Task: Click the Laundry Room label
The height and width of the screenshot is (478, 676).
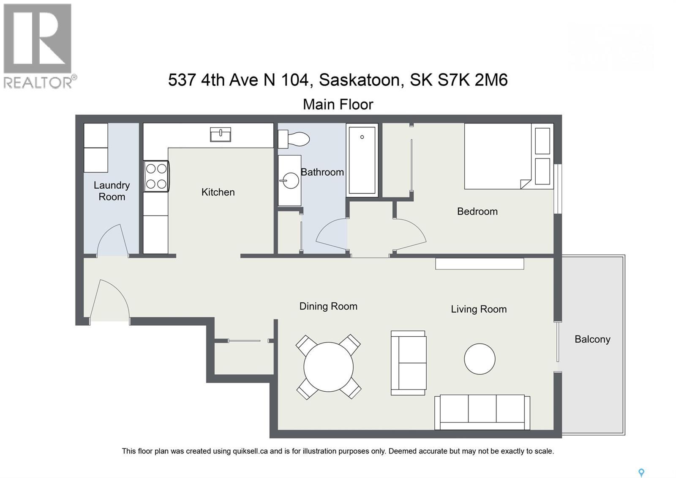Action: click(112, 191)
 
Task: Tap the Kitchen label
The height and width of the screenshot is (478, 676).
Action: click(218, 192)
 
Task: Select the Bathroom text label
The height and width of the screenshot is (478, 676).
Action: click(322, 172)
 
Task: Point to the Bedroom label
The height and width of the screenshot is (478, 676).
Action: click(477, 212)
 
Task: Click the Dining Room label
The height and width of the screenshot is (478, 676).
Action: click(328, 306)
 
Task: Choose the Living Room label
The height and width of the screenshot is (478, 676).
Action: click(478, 309)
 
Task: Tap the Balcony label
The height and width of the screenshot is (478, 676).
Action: click(592, 339)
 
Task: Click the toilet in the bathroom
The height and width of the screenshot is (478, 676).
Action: click(294, 139)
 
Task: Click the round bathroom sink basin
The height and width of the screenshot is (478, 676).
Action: click(290, 181)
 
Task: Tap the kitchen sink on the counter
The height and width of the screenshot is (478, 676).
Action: click(221, 135)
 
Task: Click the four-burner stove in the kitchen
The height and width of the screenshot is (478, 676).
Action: click(156, 176)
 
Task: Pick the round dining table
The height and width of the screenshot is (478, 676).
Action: click(328, 367)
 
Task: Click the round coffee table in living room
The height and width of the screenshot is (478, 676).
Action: click(480, 359)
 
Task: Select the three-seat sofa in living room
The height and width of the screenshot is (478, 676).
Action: click(482, 412)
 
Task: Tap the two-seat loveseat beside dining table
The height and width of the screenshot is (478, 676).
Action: click(409, 363)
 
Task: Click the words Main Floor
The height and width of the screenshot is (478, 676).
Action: click(338, 104)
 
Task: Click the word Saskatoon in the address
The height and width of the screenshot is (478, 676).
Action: click(359, 80)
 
